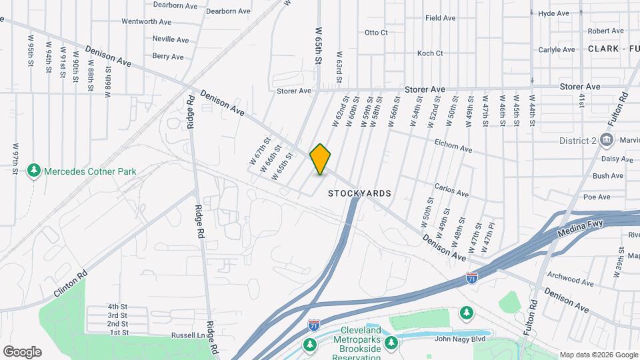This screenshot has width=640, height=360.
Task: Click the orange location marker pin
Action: [321, 159]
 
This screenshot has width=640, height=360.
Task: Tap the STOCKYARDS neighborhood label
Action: [359, 193]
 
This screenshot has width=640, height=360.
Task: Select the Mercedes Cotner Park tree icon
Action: [34, 171]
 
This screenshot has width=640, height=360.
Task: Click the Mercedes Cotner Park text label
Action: [90, 171]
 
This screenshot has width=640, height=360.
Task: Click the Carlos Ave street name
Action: [451, 191]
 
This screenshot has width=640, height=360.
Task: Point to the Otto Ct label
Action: [376, 33]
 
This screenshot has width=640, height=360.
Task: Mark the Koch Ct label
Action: [430, 53]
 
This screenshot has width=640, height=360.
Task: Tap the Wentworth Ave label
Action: [148, 21]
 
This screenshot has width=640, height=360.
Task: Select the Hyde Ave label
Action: [553, 13]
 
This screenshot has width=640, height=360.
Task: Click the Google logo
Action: [22, 352]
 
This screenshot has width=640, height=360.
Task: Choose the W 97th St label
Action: [15, 159]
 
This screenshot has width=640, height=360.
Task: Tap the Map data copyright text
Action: [598, 355]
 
